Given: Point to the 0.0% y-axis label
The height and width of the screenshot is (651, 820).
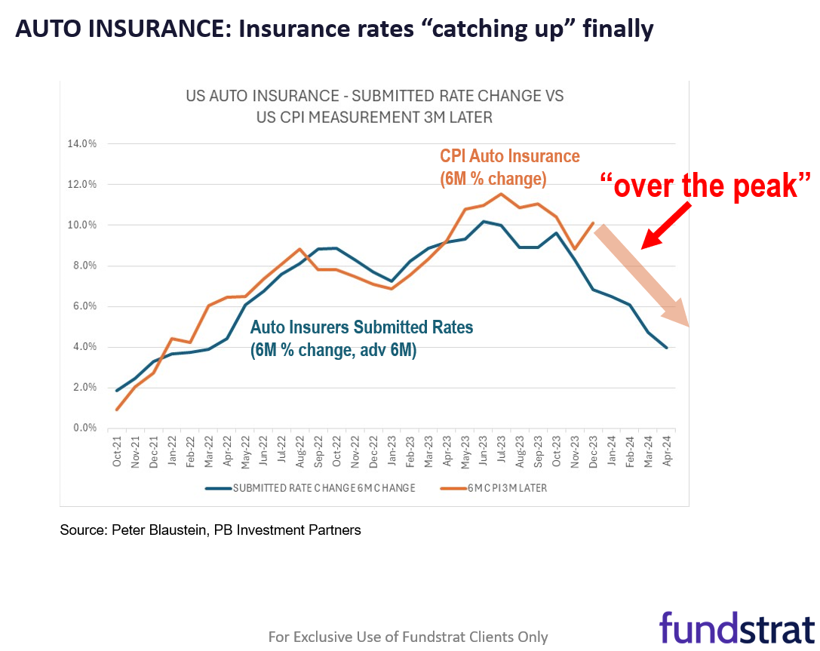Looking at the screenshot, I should point(83,428).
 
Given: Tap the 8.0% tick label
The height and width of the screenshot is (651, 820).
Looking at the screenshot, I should point(83,266).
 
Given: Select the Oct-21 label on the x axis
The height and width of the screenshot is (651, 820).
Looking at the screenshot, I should point(118,450).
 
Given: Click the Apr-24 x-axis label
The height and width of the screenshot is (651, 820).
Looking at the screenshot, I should point(667,450).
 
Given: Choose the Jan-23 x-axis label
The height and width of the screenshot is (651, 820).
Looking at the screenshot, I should point(392,450).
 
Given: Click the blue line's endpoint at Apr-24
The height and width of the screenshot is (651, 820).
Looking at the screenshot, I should point(666,347).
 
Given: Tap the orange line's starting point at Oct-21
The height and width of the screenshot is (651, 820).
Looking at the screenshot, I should point(118,410).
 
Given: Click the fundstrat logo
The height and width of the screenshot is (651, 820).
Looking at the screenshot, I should point(736,628).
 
